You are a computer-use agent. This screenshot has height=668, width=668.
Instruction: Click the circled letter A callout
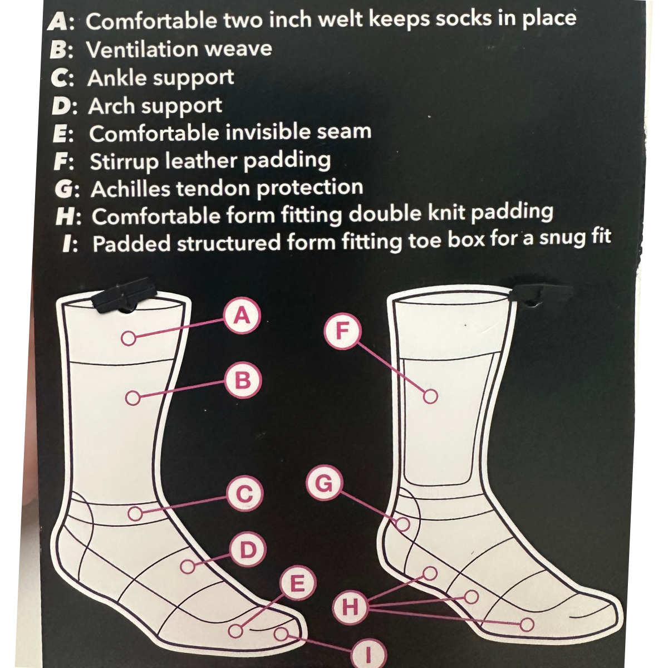click(241, 316)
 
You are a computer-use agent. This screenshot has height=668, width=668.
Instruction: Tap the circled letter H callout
click(350, 606)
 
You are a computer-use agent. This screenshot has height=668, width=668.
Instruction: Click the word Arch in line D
click(111, 106)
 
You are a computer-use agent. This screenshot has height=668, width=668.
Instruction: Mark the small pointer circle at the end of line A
click(127, 338)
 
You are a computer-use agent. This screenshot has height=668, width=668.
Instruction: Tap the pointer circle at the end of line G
click(404, 524)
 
